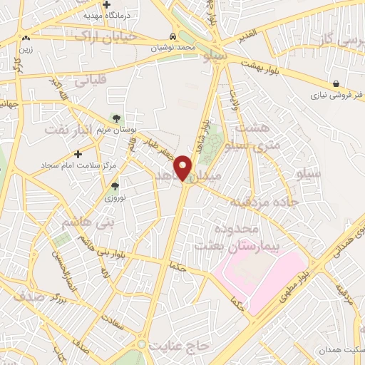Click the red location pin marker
pyautogui.click(x=184, y=168)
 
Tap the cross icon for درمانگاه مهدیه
pyautogui.click(x=106, y=4)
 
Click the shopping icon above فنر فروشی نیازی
pyautogui.click(x=336, y=83)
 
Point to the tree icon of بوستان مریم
pyautogui.click(x=115, y=118)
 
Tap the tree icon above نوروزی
pyautogui.click(x=115, y=187)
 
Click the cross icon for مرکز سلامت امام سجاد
pyautogui.click(x=78, y=153)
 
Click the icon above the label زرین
pyautogui.click(x=26, y=38)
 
